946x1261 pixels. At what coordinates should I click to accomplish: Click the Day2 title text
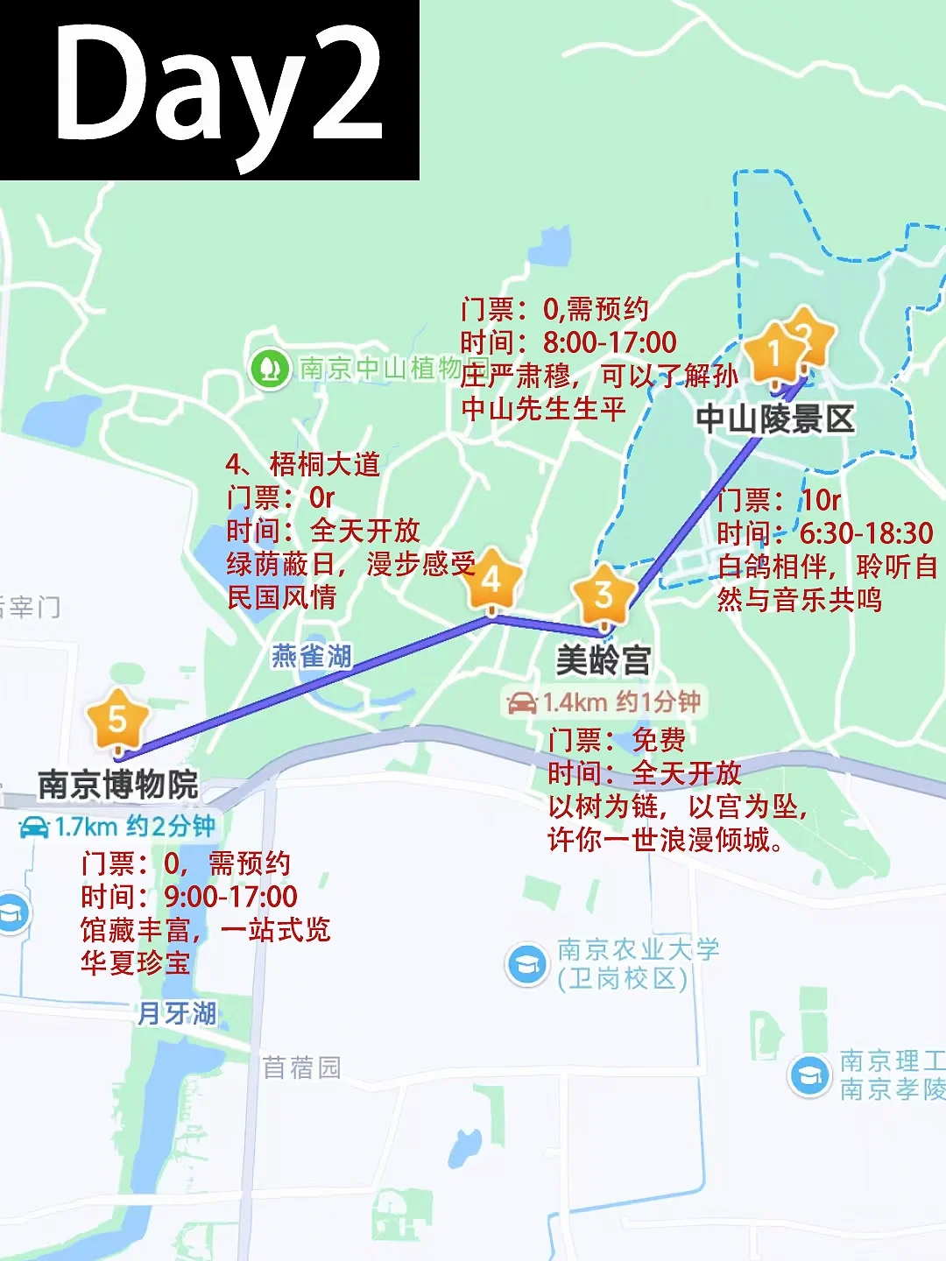(219, 88)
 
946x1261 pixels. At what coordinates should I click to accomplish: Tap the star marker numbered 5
(117, 720)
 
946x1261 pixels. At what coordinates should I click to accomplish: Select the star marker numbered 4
(491, 580)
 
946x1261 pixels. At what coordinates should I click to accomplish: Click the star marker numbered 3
(603, 595)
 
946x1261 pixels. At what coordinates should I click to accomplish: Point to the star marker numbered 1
(773, 354)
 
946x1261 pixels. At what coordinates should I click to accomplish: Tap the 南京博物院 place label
(118, 785)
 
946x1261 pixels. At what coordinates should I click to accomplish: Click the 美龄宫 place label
(604, 660)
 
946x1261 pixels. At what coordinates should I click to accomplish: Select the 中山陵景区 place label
(775, 419)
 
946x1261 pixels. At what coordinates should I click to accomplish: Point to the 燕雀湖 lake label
(312, 656)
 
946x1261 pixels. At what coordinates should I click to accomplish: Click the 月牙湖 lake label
(177, 1013)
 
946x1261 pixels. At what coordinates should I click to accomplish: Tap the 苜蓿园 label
(302, 1067)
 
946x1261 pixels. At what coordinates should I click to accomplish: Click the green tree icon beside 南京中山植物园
(270, 369)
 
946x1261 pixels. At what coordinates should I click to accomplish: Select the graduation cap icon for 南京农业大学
(527, 964)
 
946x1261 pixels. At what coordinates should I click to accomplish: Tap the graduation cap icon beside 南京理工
(809, 1075)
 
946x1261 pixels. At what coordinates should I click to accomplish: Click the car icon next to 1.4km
(522, 702)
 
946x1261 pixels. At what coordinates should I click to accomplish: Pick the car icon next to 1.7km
(34, 827)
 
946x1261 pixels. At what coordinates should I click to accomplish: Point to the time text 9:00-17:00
(231, 897)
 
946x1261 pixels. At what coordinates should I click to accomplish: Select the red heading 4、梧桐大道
(303, 464)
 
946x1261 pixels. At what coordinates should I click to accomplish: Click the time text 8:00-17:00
(610, 342)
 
